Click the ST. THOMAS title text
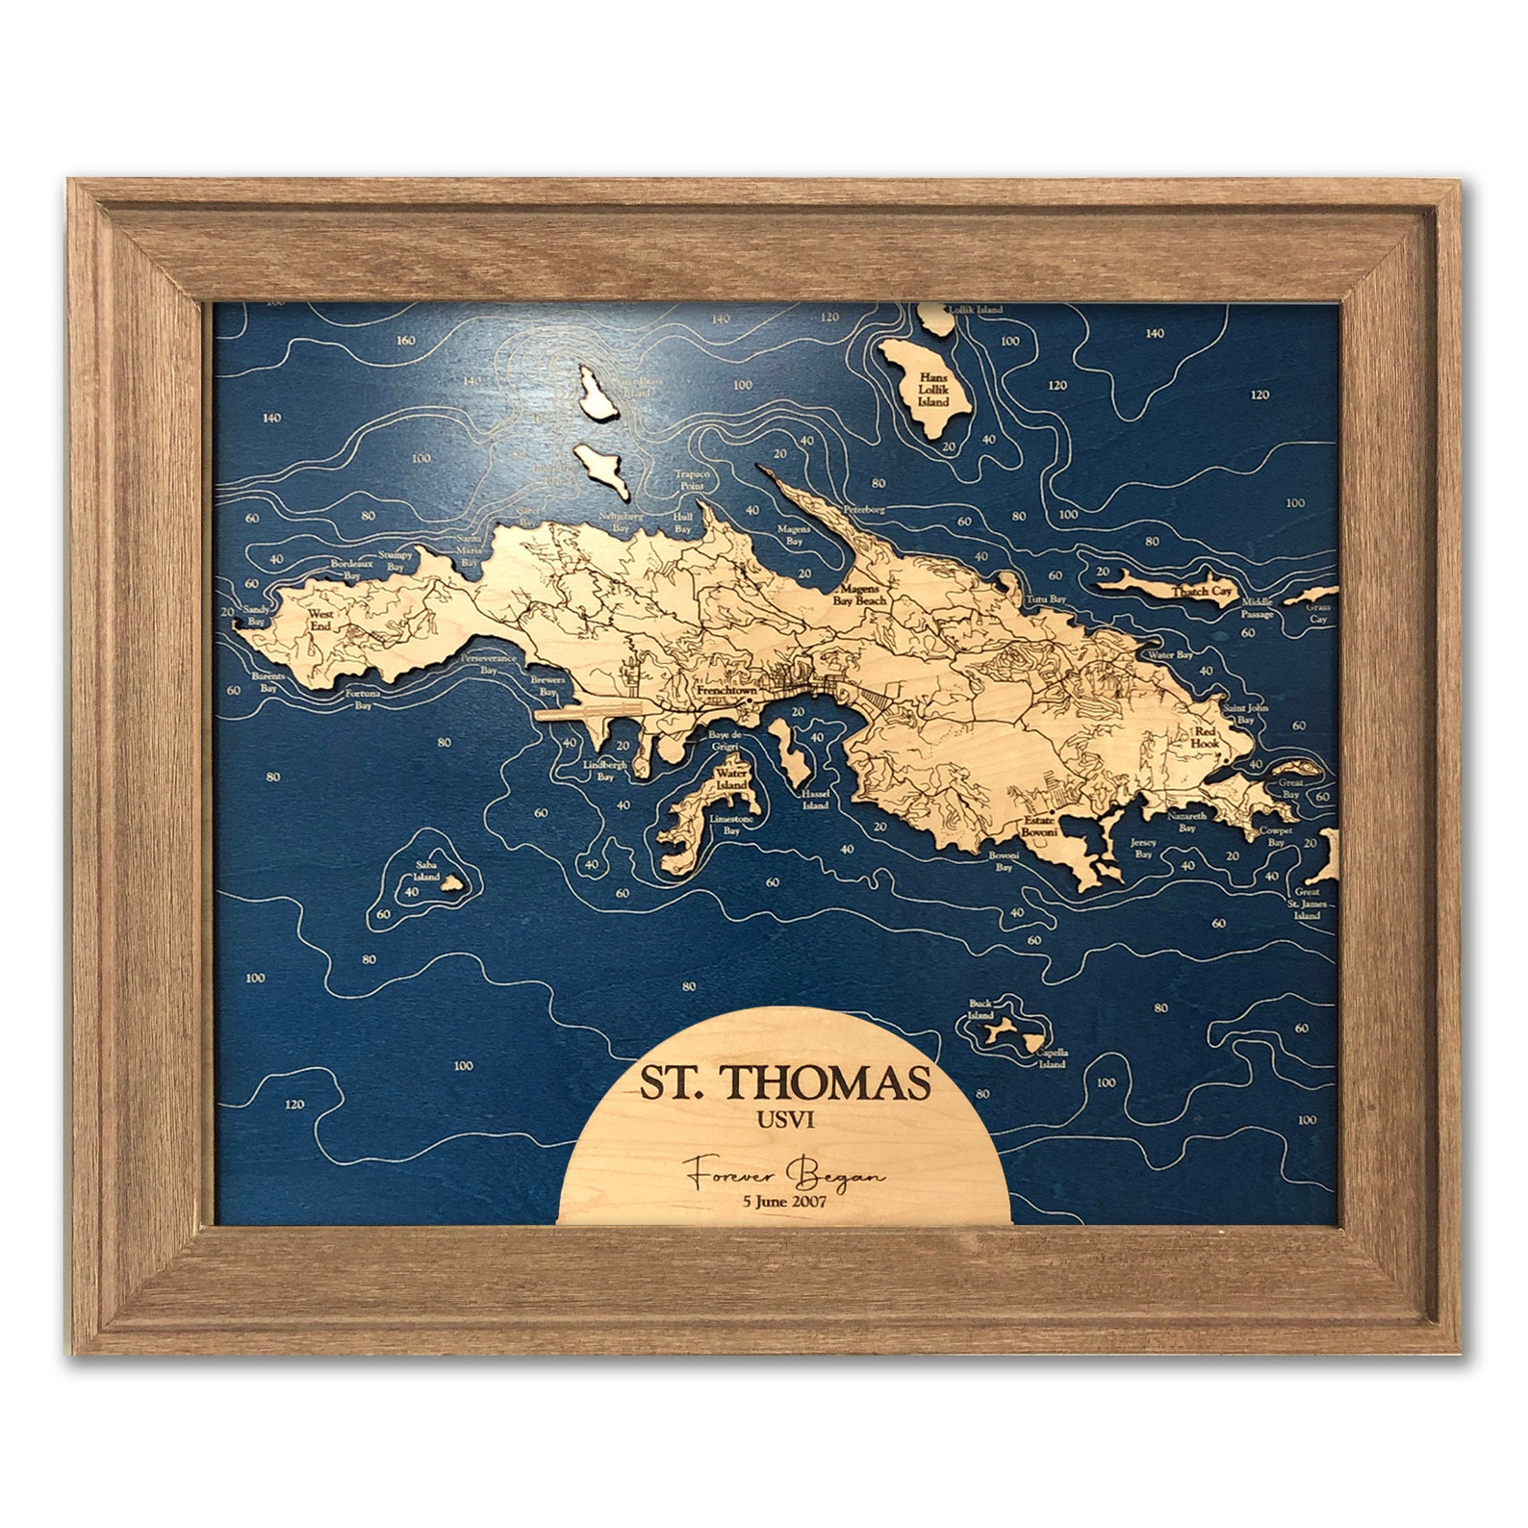[785, 1082]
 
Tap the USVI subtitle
[785, 1120]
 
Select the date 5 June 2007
[785, 1200]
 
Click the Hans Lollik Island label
[932, 389]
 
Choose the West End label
[319, 617]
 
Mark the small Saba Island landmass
[449, 881]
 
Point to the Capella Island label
[1052, 1058]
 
